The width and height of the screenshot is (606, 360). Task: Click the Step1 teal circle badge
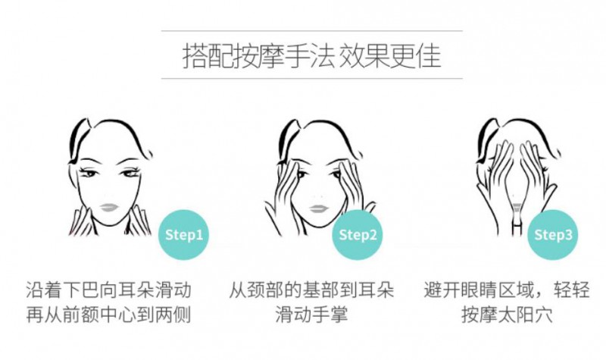pos(183,235)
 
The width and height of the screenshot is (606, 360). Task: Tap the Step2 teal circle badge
pos(358,235)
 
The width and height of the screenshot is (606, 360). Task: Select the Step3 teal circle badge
pos(553,235)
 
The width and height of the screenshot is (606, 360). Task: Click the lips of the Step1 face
pos(110,208)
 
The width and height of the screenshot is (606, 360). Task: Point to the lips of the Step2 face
pos(319,209)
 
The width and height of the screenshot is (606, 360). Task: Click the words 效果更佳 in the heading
pos(390,56)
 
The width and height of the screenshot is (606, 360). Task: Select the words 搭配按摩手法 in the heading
pos(258,56)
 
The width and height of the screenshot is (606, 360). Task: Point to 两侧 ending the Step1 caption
pos(173,315)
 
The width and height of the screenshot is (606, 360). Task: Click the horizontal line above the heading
pos(312,30)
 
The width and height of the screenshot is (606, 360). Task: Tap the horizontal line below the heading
pos(312,79)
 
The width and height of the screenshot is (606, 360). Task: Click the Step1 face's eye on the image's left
pos(89,173)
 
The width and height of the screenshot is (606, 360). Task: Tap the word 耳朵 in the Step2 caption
pos(376,290)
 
